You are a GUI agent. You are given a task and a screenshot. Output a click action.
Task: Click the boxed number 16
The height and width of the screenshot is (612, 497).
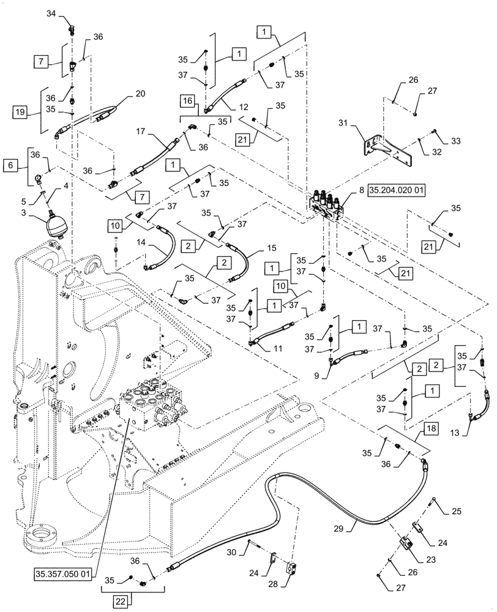[188, 100]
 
